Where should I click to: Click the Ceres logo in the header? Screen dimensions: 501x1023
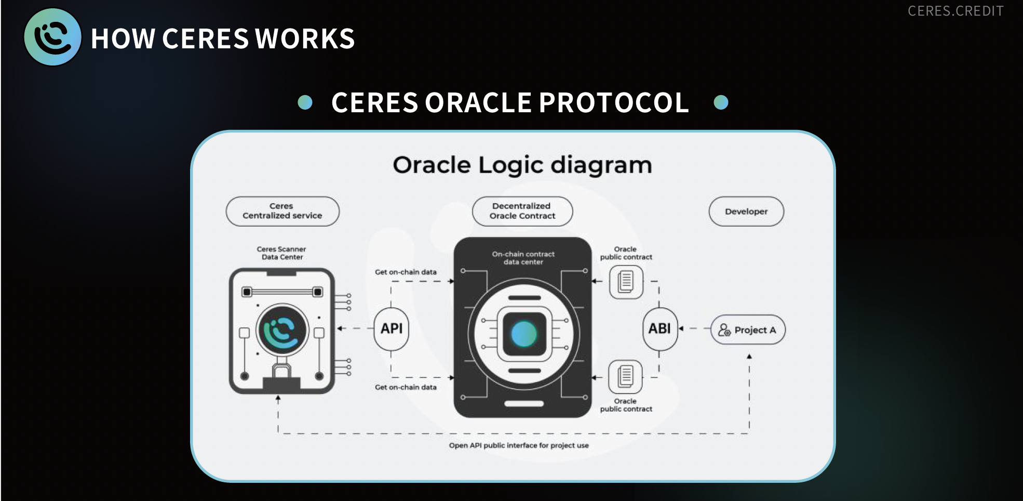point(52,37)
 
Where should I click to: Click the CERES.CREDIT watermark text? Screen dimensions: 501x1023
point(955,11)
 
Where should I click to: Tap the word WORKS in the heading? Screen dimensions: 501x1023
point(305,39)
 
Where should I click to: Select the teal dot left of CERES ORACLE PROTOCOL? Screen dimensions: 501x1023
point(305,102)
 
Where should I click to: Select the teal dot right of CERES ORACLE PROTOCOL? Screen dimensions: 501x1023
point(721,102)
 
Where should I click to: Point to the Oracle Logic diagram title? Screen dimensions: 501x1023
point(522,165)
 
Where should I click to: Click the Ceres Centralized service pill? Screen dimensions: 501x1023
point(282,211)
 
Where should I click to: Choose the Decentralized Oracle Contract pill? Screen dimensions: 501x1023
point(522,211)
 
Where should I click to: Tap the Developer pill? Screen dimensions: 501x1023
point(746,212)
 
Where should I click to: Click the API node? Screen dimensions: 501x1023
point(392,328)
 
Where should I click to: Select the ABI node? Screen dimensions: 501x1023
point(659,328)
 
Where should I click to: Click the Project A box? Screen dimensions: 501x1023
point(748,330)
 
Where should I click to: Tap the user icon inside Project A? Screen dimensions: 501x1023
point(724,330)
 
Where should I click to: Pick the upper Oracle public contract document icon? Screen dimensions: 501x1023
point(626,282)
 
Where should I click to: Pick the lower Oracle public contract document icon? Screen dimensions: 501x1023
point(625,376)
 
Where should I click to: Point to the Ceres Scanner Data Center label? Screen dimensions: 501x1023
point(281,253)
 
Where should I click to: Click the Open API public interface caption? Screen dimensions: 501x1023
point(519,445)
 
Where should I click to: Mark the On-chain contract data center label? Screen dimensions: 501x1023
point(523,258)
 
